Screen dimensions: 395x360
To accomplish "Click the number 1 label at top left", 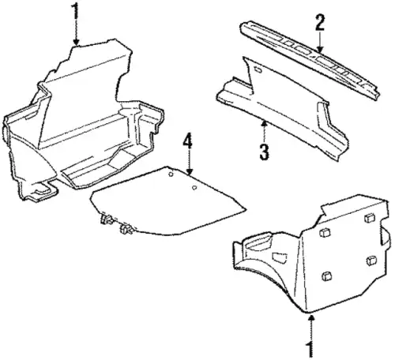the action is (76, 11).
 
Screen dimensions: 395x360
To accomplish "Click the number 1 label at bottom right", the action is (311, 349).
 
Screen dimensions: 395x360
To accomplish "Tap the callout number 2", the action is (320, 22).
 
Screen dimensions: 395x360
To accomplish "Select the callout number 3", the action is (265, 152).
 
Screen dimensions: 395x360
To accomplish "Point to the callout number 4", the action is (187, 142).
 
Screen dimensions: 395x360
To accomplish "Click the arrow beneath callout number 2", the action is (320, 42).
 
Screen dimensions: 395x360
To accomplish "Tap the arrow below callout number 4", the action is (189, 163).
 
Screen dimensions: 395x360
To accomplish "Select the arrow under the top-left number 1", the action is (76, 33).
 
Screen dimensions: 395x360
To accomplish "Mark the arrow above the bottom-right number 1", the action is (311, 328).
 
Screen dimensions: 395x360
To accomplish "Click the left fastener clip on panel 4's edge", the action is (107, 219).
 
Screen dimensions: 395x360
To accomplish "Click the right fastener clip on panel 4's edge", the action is (126, 229).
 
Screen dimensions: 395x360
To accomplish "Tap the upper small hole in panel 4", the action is (171, 174).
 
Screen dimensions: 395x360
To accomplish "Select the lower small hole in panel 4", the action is (194, 188).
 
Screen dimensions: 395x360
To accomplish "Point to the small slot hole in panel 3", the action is (258, 69).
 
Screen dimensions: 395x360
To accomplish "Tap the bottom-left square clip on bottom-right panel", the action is (326, 276).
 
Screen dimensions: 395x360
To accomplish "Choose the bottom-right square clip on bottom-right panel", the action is (371, 261).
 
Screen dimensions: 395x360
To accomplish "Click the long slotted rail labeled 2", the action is (310, 60).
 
